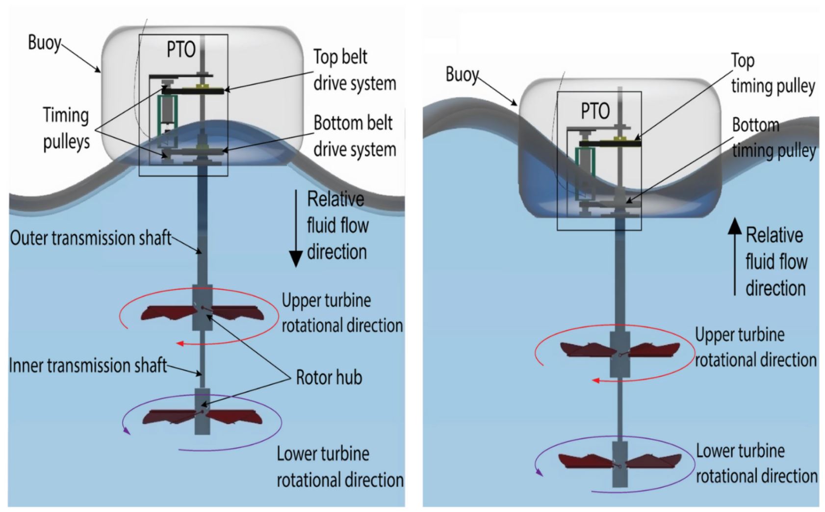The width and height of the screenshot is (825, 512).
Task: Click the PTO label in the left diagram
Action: (x=181, y=50)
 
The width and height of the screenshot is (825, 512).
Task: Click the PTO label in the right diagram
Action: (x=595, y=111)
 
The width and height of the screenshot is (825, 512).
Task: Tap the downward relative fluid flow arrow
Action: (x=296, y=229)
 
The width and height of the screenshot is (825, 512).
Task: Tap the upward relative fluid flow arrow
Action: (x=735, y=257)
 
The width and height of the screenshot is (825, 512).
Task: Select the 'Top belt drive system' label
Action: (x=355, y=70)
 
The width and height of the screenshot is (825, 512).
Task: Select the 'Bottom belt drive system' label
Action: (x=355, y=136)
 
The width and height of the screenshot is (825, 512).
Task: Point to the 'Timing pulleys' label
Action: (x=66, y=128)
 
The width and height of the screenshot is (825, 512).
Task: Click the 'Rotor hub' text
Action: (x=329, y=377)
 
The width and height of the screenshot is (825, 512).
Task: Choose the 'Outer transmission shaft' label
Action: (x=91, y=238)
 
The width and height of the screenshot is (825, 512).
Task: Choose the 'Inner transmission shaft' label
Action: (x=88, y=366)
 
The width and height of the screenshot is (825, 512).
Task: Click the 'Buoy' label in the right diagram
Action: (x=462, y=75)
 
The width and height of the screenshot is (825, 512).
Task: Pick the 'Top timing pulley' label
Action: (x=773, y=74)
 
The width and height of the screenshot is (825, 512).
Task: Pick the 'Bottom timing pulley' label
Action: (x=774, y=138)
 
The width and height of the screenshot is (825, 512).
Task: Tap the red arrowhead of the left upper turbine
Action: (x=180, y=344)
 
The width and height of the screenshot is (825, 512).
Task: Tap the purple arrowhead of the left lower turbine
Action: (x=127, y=430)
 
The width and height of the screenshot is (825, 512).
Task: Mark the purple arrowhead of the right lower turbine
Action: (x=540, y=472)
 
